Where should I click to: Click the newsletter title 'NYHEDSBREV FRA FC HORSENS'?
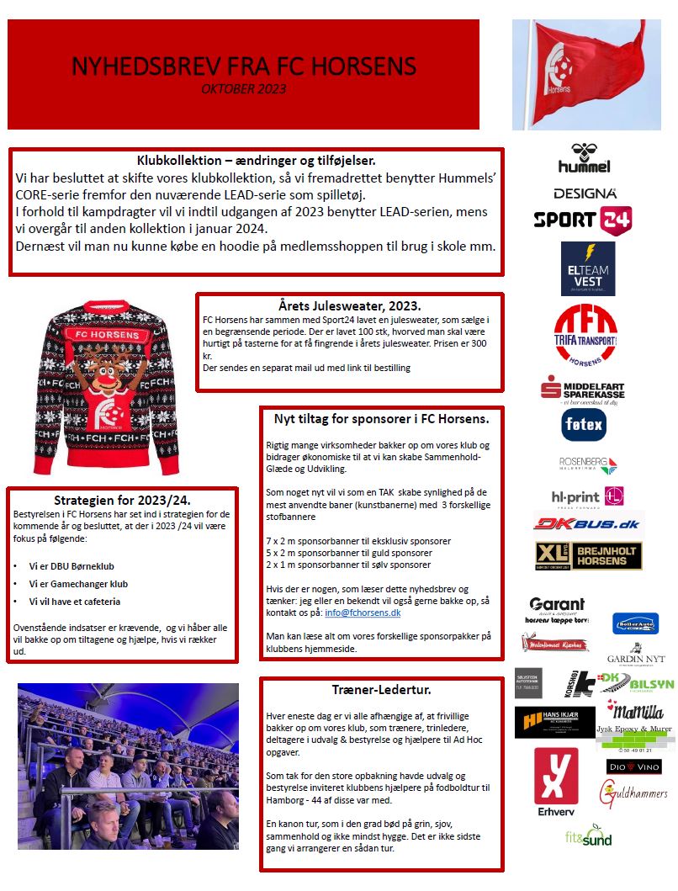coord(243,66)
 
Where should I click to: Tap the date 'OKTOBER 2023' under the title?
coord(243,88)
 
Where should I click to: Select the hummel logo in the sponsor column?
coord(584,159)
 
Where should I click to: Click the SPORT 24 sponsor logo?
coord(583,220)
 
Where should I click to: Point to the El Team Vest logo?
coord(587,268)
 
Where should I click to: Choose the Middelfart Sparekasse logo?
coord(582,390)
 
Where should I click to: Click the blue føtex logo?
coord(584,425)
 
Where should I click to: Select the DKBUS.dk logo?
coord(586,523)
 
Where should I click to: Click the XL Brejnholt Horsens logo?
coord(588,556)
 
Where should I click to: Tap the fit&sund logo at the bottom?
coord(588,836)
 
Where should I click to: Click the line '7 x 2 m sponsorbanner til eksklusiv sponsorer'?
coord(358,541)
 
